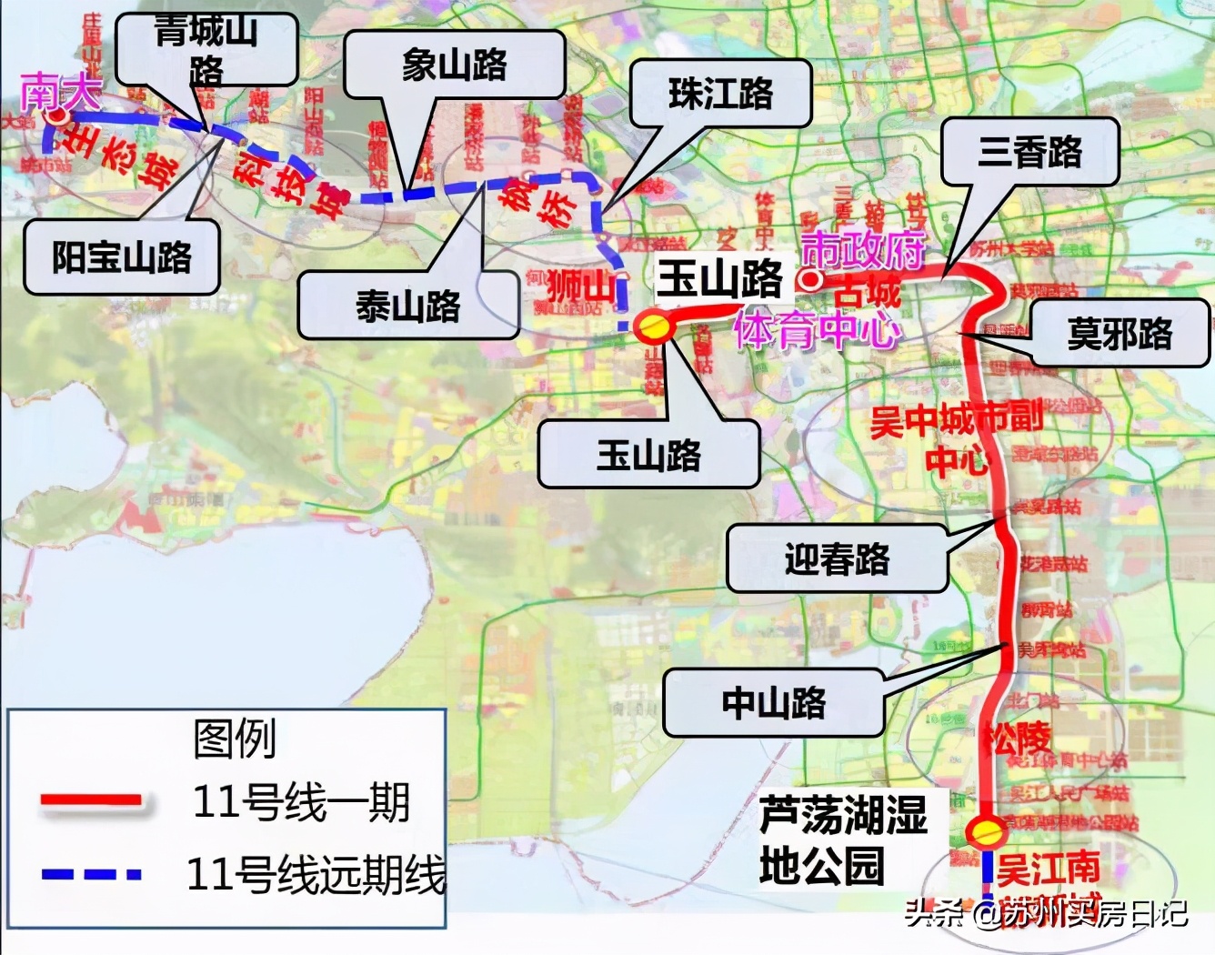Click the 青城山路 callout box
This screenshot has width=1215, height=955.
tap(206, 49)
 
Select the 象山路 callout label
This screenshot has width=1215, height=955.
tap(454, 65)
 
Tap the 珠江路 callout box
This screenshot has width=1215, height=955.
tap(720, 93)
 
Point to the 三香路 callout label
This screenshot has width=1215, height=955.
tap(1029, 152)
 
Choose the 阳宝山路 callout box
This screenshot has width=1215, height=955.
tap(122, 257)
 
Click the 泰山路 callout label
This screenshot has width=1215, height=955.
tap(408, 307)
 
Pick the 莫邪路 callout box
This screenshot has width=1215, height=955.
tap(1120, 334)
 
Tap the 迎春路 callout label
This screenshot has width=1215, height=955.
tap(837, 558)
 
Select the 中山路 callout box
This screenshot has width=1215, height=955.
tap(773, 703)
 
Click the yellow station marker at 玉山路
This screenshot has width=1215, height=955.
tap(653, 326)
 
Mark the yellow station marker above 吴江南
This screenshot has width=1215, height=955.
tap(986, 831)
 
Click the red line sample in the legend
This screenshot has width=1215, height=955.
tap(92, 800)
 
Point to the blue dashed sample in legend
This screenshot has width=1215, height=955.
tap(92, 874)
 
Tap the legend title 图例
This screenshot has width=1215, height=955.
tap(234, 739)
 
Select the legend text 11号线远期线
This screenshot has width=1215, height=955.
tap(316, 874)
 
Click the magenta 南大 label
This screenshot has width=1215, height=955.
tap(60, 93)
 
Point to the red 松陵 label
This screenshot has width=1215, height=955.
tap(1016, 738)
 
